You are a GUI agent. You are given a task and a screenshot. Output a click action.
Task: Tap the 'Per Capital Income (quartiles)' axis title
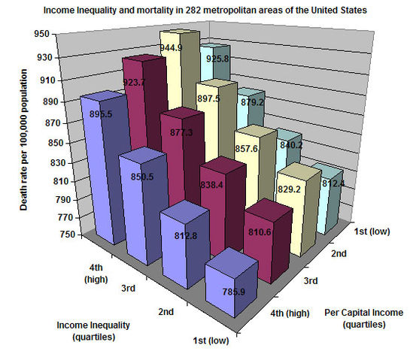[x=364, y=318]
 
